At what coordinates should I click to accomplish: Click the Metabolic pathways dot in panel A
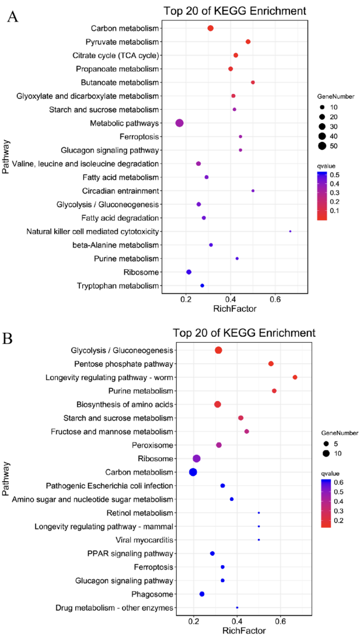pyautogui.click(x=179, y=123)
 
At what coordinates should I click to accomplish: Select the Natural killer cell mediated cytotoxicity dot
pyautogui.click(x=290, y=231)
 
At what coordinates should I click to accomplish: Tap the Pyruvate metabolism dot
pyautogui.click(x=248, y=41)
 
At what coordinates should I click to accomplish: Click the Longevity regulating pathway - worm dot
pyautogui.click(x=295, y=377)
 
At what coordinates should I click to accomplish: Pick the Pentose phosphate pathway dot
pyautogui.click(x=271, y=364)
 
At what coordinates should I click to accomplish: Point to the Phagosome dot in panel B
pyautogui.click(x=202, y=594)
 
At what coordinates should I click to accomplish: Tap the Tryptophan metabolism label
pyautogui.click(x=118, y=286)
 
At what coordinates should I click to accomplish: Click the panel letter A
pyautogui.click(x=12, y=17)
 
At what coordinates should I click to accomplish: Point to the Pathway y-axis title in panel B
pyautogui.click(x=8, y=479)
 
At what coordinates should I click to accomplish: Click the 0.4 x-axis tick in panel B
pyautogui.click(x=237, y=621)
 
